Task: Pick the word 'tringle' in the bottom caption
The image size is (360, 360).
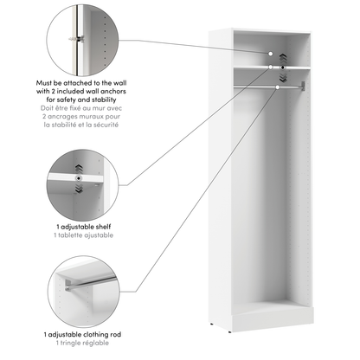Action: point(72,344)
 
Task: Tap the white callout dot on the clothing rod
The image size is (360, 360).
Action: point(278,86)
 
